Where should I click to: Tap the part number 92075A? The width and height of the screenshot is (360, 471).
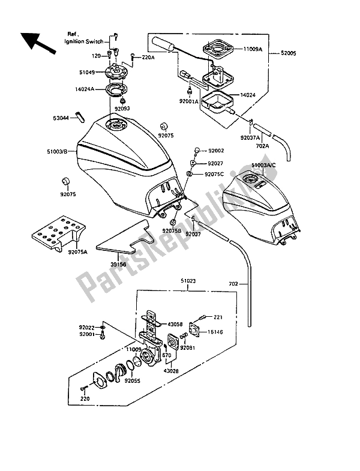[68, 253]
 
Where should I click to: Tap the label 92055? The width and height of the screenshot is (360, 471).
[133, 380]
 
